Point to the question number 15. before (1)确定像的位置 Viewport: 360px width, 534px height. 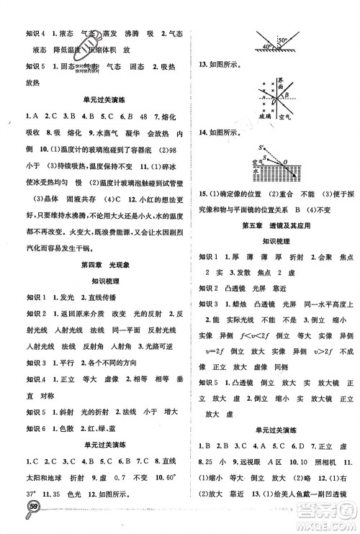point(203,194)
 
